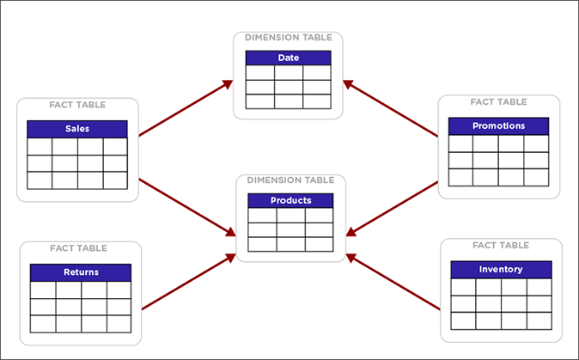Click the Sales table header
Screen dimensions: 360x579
coord(77,129)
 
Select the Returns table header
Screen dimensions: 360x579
coord(81,272)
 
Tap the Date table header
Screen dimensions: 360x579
coord(289,58)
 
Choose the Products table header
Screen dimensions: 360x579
coord(290,201)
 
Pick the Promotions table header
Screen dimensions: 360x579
coord(498,126)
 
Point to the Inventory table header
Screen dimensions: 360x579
coord(501,269)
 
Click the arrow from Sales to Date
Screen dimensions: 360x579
coord(185,109)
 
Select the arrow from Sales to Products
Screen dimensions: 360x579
coord(185,206)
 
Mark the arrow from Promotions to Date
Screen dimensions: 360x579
coord(391,108)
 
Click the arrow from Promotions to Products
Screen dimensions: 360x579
coord(395,206)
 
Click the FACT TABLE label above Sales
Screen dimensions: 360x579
coord(77,105)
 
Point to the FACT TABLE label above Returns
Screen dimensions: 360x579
coord(78,248)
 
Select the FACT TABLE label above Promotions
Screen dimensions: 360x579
coord(498,101)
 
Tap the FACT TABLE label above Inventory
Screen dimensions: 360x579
coord(500,245)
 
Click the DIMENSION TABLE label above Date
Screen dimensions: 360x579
coord(289,37)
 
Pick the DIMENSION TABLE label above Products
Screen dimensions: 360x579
coord(290,180)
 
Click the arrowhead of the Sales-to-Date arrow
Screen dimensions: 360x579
coord(229,83)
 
